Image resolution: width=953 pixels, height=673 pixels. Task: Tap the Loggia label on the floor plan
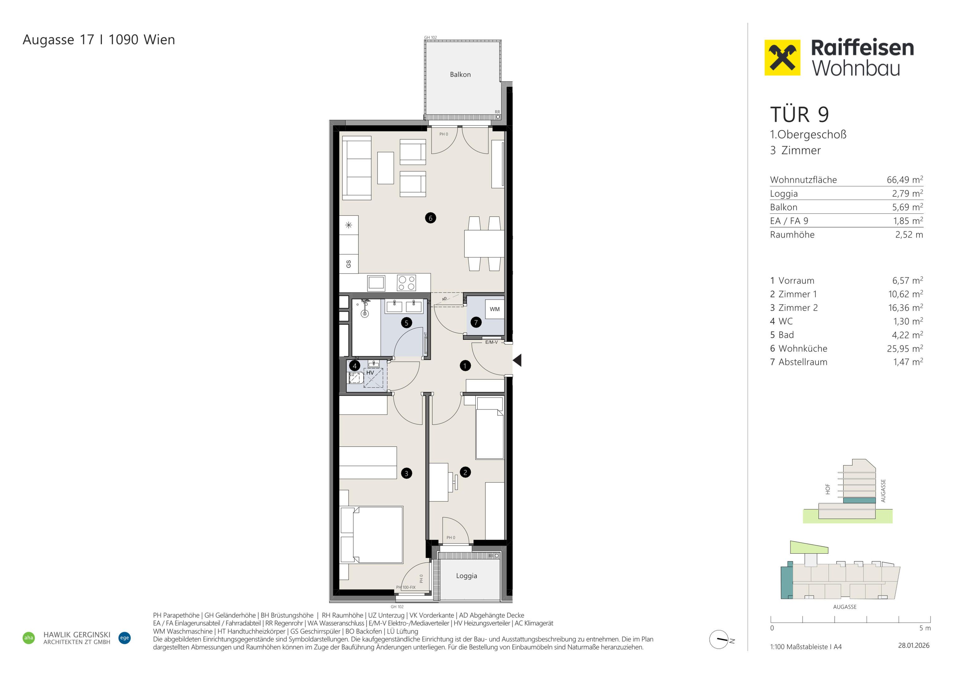467,576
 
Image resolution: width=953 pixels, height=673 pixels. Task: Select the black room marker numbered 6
430,218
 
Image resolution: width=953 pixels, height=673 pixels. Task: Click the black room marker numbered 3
406,473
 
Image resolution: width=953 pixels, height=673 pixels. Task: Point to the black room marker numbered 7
476,322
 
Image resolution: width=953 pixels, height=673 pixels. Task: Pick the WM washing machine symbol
495,309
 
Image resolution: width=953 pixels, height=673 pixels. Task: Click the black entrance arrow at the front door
517,360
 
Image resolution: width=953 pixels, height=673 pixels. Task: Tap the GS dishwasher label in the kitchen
349,264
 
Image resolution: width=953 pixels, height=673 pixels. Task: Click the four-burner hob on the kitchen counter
406,283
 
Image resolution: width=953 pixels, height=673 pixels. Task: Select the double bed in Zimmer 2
372,534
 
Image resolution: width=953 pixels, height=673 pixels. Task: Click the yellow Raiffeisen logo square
782,58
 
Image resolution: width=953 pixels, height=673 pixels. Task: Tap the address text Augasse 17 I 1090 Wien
99,40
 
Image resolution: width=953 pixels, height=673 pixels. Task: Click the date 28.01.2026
914,645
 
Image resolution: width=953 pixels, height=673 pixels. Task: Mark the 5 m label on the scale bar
925,628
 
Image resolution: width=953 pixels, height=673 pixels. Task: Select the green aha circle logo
29,638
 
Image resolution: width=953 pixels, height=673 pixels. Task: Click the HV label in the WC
370,373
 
